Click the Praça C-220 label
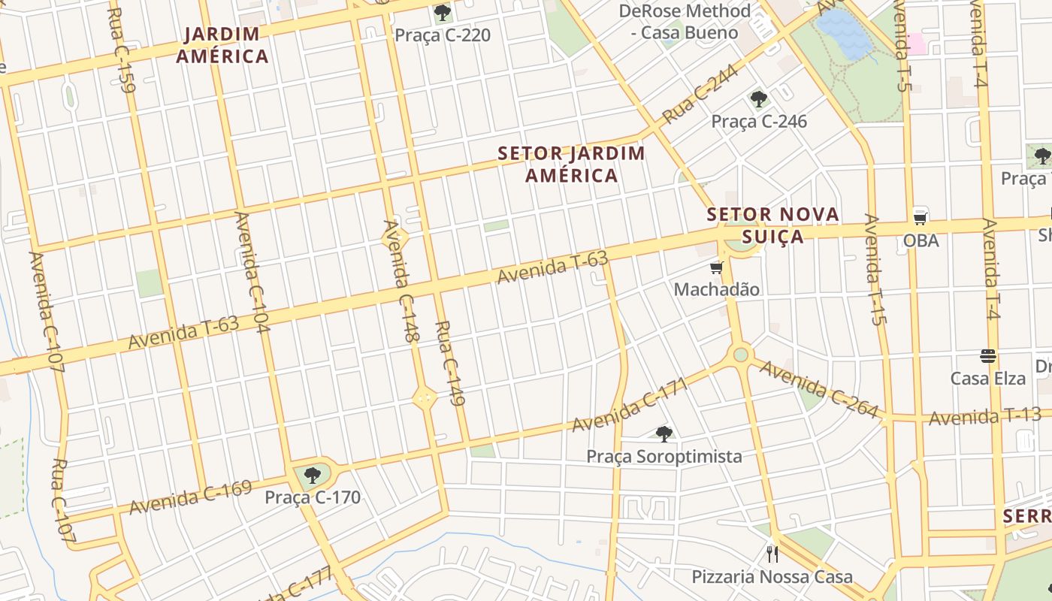point(443,35)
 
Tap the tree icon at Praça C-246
point(759,99)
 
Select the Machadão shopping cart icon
point(716,268)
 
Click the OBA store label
point(920,240)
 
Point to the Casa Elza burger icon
point(987,356)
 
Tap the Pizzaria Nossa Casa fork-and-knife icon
point(772,554)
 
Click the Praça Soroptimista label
point(664,456)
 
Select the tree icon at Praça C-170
point(313,475)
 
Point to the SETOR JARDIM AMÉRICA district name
point(571,165)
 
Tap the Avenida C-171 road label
point(630,406)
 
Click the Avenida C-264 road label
point(818,389)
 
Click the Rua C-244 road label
point(700,94)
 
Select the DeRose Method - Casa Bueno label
point(684,22)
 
